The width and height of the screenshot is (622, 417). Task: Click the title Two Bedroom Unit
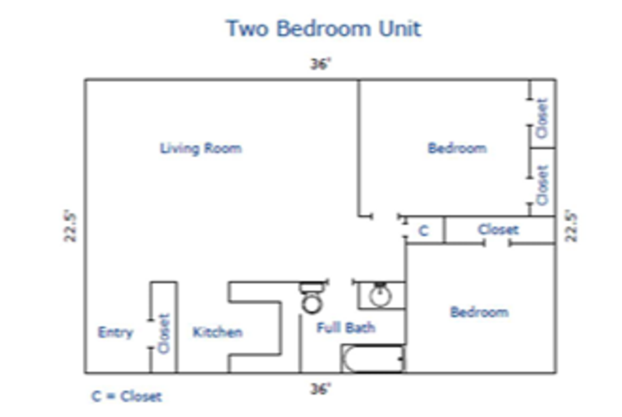(323, 29)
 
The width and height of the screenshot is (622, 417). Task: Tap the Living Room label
(201, 149)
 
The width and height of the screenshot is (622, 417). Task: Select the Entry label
(115, 332)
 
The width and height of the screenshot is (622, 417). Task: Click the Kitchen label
(217, 332)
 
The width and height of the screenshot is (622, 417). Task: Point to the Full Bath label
(346, 328)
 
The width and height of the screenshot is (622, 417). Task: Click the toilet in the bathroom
(312, 299)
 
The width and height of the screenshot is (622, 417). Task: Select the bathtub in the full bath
(373, 359)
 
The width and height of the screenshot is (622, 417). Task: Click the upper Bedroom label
(457, 149)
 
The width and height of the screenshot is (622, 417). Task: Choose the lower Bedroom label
(479, 312)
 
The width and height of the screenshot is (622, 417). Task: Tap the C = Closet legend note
(127, 396)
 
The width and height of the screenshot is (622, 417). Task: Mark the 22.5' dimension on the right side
(571, 226)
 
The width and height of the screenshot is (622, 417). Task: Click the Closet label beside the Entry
(164, 333)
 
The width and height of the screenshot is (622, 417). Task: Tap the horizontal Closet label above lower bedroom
(498, 230)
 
